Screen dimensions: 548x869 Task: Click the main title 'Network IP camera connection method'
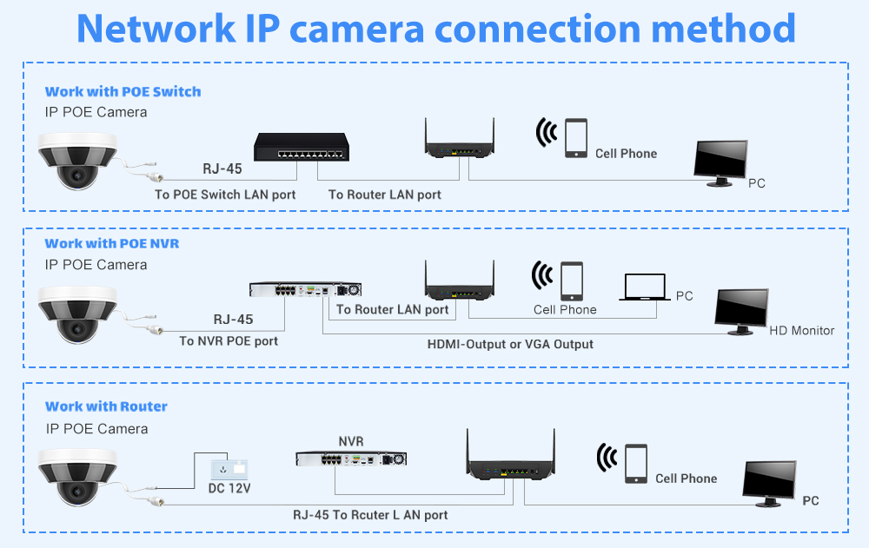(x=435, y=28)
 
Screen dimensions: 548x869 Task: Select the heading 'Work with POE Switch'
(x=123, y=91)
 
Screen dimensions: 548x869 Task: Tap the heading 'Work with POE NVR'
(x=112, y=243)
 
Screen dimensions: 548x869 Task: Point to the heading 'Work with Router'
(x=106, y=406)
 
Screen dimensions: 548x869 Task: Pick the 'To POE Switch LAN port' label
(x=225, y=195)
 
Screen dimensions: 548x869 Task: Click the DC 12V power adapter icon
(x=229, y=469)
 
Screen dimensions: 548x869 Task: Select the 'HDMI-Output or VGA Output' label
(x=510, y=344)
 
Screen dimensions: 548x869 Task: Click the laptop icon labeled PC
(x=644, y=287)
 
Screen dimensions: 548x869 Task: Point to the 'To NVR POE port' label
(x=229, y=341)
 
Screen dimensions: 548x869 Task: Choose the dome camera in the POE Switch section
(x=77, y=159)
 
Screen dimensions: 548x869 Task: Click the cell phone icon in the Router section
(x=635, y=463)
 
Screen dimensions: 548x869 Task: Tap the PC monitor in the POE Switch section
(x=721, y=162)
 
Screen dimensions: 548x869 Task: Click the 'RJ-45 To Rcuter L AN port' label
(x=370, y=515)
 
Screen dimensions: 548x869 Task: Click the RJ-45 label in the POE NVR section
(x=234, y=320)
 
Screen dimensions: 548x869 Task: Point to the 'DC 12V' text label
(x=229, y=490)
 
